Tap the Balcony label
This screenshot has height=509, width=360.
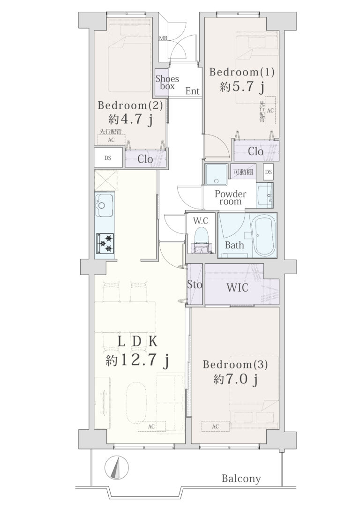click(241, 479)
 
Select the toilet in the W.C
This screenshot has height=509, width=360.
click(202, 239)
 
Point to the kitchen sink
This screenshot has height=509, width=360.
click(104, 205)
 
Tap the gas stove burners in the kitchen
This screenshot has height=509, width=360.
click(105, 243)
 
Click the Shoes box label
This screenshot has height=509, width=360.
click(167, 82)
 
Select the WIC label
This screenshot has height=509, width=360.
click(237, 288)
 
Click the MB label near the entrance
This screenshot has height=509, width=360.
click(163, 38)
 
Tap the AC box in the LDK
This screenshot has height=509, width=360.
click(151, 427)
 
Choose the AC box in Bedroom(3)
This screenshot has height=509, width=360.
click(215, 427)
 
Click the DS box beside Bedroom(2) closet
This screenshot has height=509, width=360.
click(108, 158)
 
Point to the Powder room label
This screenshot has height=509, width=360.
click(231, 197)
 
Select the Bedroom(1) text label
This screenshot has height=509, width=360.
click(242, 72)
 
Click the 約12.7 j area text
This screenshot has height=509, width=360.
click(138, 360)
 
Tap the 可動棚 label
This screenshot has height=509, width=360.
click(243, 172)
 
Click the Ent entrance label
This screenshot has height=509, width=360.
click(192, 91)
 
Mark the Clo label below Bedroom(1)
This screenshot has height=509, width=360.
click(256, 151)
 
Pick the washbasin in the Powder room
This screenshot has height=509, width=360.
click(265, 195)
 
